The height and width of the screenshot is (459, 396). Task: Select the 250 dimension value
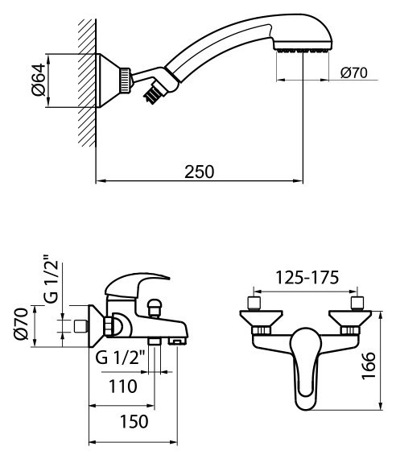point(200,172)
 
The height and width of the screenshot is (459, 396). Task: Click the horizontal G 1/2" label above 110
point(121,358)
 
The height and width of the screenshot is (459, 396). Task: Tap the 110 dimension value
point(123,385)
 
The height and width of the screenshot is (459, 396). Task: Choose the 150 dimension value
point(123,422)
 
